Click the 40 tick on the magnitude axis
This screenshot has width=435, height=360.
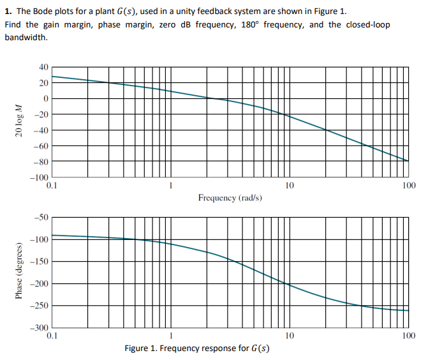point(43,67)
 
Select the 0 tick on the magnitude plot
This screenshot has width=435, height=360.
point(45,98)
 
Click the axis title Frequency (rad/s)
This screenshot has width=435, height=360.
point(230,198)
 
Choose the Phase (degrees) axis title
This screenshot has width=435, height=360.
point(18,271)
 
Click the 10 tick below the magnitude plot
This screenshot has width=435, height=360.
point(289,186)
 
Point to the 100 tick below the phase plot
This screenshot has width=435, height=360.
point(409,335)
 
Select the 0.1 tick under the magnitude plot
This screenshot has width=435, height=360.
point(52,186)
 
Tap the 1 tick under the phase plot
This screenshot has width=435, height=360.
point(170,335)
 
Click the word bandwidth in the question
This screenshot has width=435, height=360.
point(26,37)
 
